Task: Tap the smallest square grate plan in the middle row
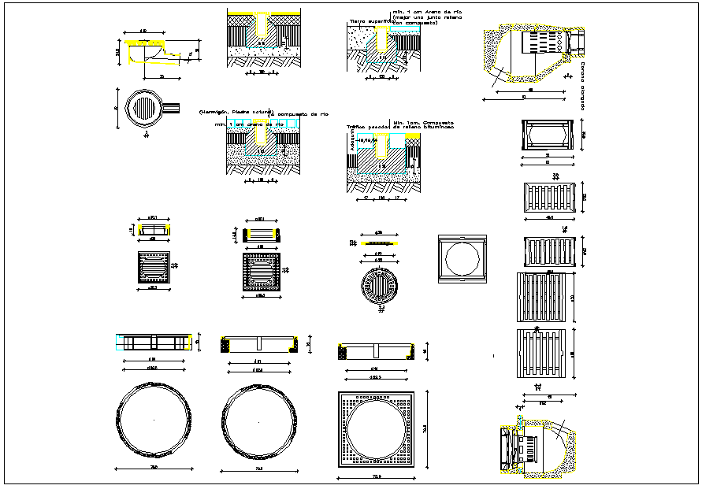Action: (153, 265)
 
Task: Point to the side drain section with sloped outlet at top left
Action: (158, 52)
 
